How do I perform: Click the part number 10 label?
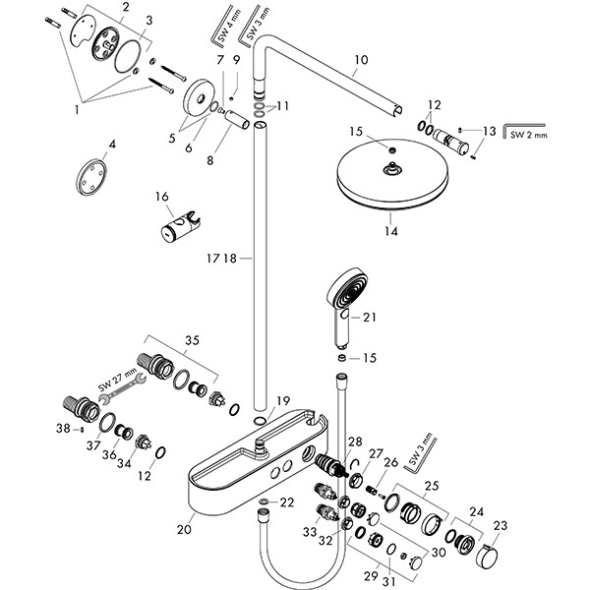coord(361,60)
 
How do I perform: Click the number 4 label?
coord(112,145)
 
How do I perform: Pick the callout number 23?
coord(501,526)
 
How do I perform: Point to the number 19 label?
coord(282,400)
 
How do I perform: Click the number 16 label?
coord(163,197)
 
